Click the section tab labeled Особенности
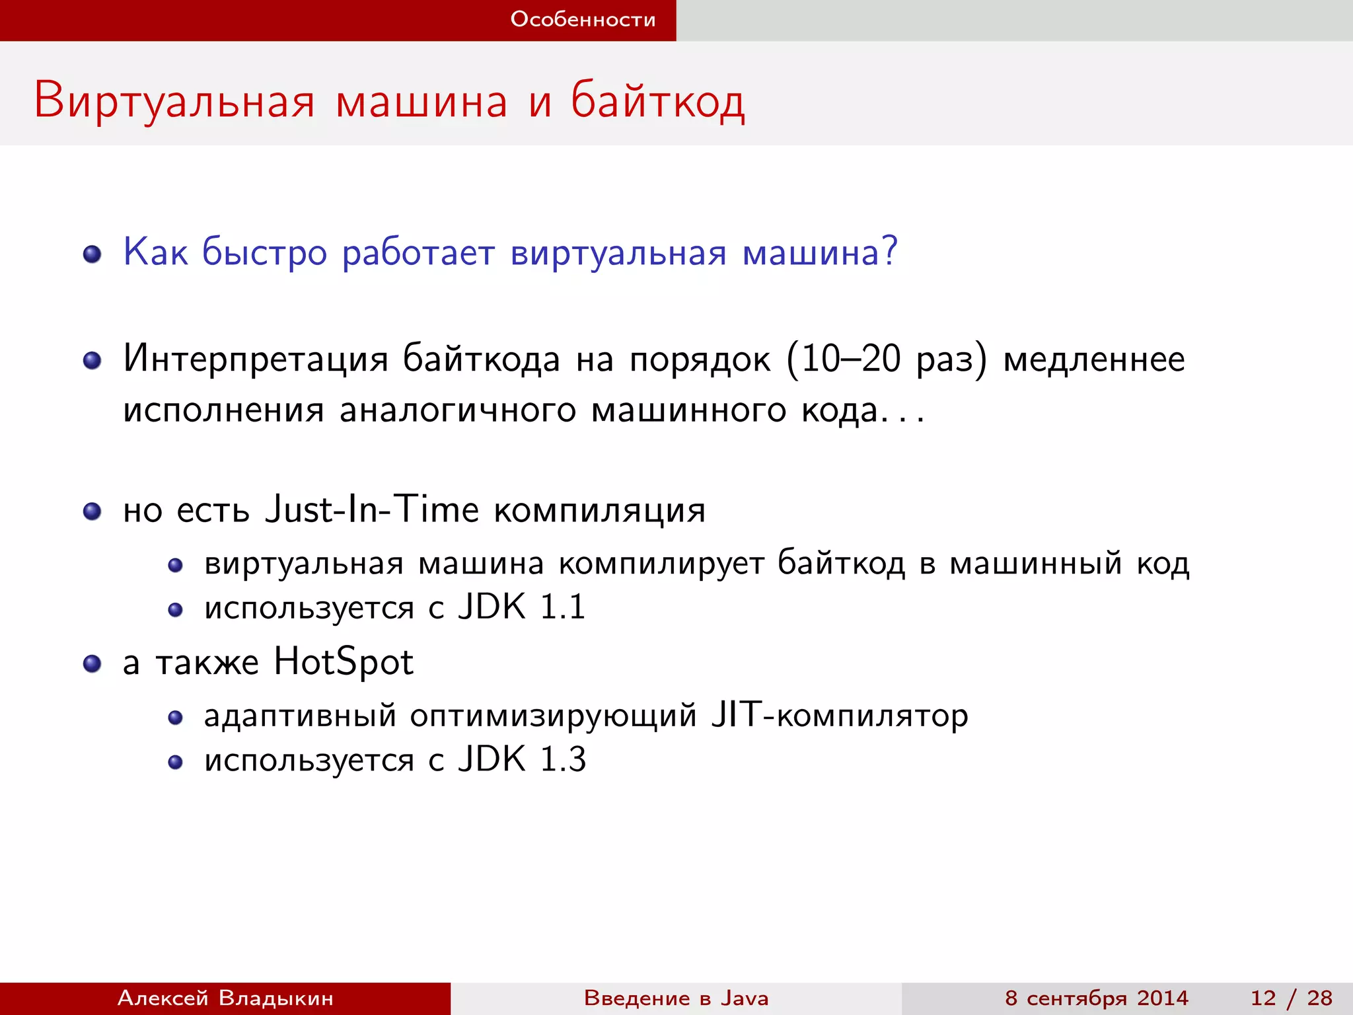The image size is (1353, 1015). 583,20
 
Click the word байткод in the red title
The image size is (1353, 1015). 657,101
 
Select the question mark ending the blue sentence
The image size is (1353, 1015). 890,251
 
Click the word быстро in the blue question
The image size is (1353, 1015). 264,254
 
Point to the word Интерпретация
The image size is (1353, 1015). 256,360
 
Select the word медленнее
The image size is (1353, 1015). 1094,360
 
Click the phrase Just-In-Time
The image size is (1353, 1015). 371,509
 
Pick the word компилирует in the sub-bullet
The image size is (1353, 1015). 661,564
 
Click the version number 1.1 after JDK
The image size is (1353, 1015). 562,607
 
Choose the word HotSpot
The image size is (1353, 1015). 344,662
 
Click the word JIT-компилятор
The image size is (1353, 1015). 839,716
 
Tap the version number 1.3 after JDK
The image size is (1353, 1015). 563,759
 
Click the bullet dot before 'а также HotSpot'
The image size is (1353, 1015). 92,663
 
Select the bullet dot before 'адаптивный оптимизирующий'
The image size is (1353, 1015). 175,718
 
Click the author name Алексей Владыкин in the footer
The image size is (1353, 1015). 225,998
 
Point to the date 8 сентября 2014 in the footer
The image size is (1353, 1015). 1096,998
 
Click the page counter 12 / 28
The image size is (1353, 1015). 1291,998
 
